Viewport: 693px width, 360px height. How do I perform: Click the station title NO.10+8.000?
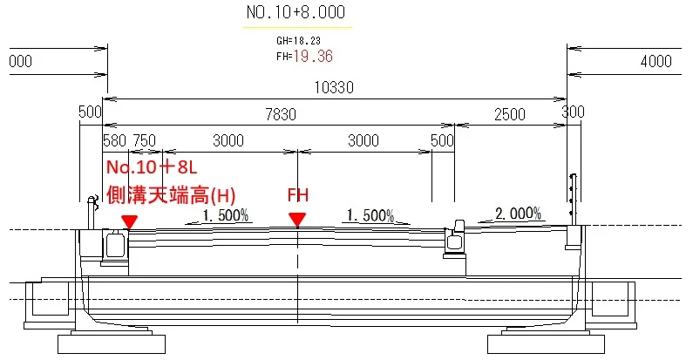[296, 12]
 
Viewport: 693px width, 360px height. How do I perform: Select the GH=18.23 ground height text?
[298, 41]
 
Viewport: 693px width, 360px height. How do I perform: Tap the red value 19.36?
[312, 56]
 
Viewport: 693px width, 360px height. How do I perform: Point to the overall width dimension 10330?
[334, 87]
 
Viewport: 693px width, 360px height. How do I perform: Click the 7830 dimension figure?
[281, 115]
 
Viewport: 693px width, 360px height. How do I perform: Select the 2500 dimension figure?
[510, 115]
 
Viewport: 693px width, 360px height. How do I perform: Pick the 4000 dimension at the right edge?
[656, 61]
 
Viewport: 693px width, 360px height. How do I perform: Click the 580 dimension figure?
[114, 141]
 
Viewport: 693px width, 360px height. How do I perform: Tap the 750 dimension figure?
[145, 141]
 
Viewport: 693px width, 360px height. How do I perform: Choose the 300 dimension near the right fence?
[573, 112]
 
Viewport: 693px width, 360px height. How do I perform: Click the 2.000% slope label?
[518, 214]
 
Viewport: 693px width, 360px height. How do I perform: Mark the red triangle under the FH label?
[297, 220]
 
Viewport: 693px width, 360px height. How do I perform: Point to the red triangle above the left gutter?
[130, 222]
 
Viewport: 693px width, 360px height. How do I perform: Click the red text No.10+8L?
[152, 167]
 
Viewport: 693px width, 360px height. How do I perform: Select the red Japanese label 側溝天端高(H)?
[171, 195]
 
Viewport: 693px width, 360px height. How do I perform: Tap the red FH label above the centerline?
[298, 194]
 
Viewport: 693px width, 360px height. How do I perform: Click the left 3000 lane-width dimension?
[228, 141]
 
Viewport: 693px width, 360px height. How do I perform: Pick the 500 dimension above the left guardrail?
[90, 112]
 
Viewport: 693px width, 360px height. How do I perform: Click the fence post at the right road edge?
[574, 200]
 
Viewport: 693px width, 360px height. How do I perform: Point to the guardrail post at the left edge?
[92, 213]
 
